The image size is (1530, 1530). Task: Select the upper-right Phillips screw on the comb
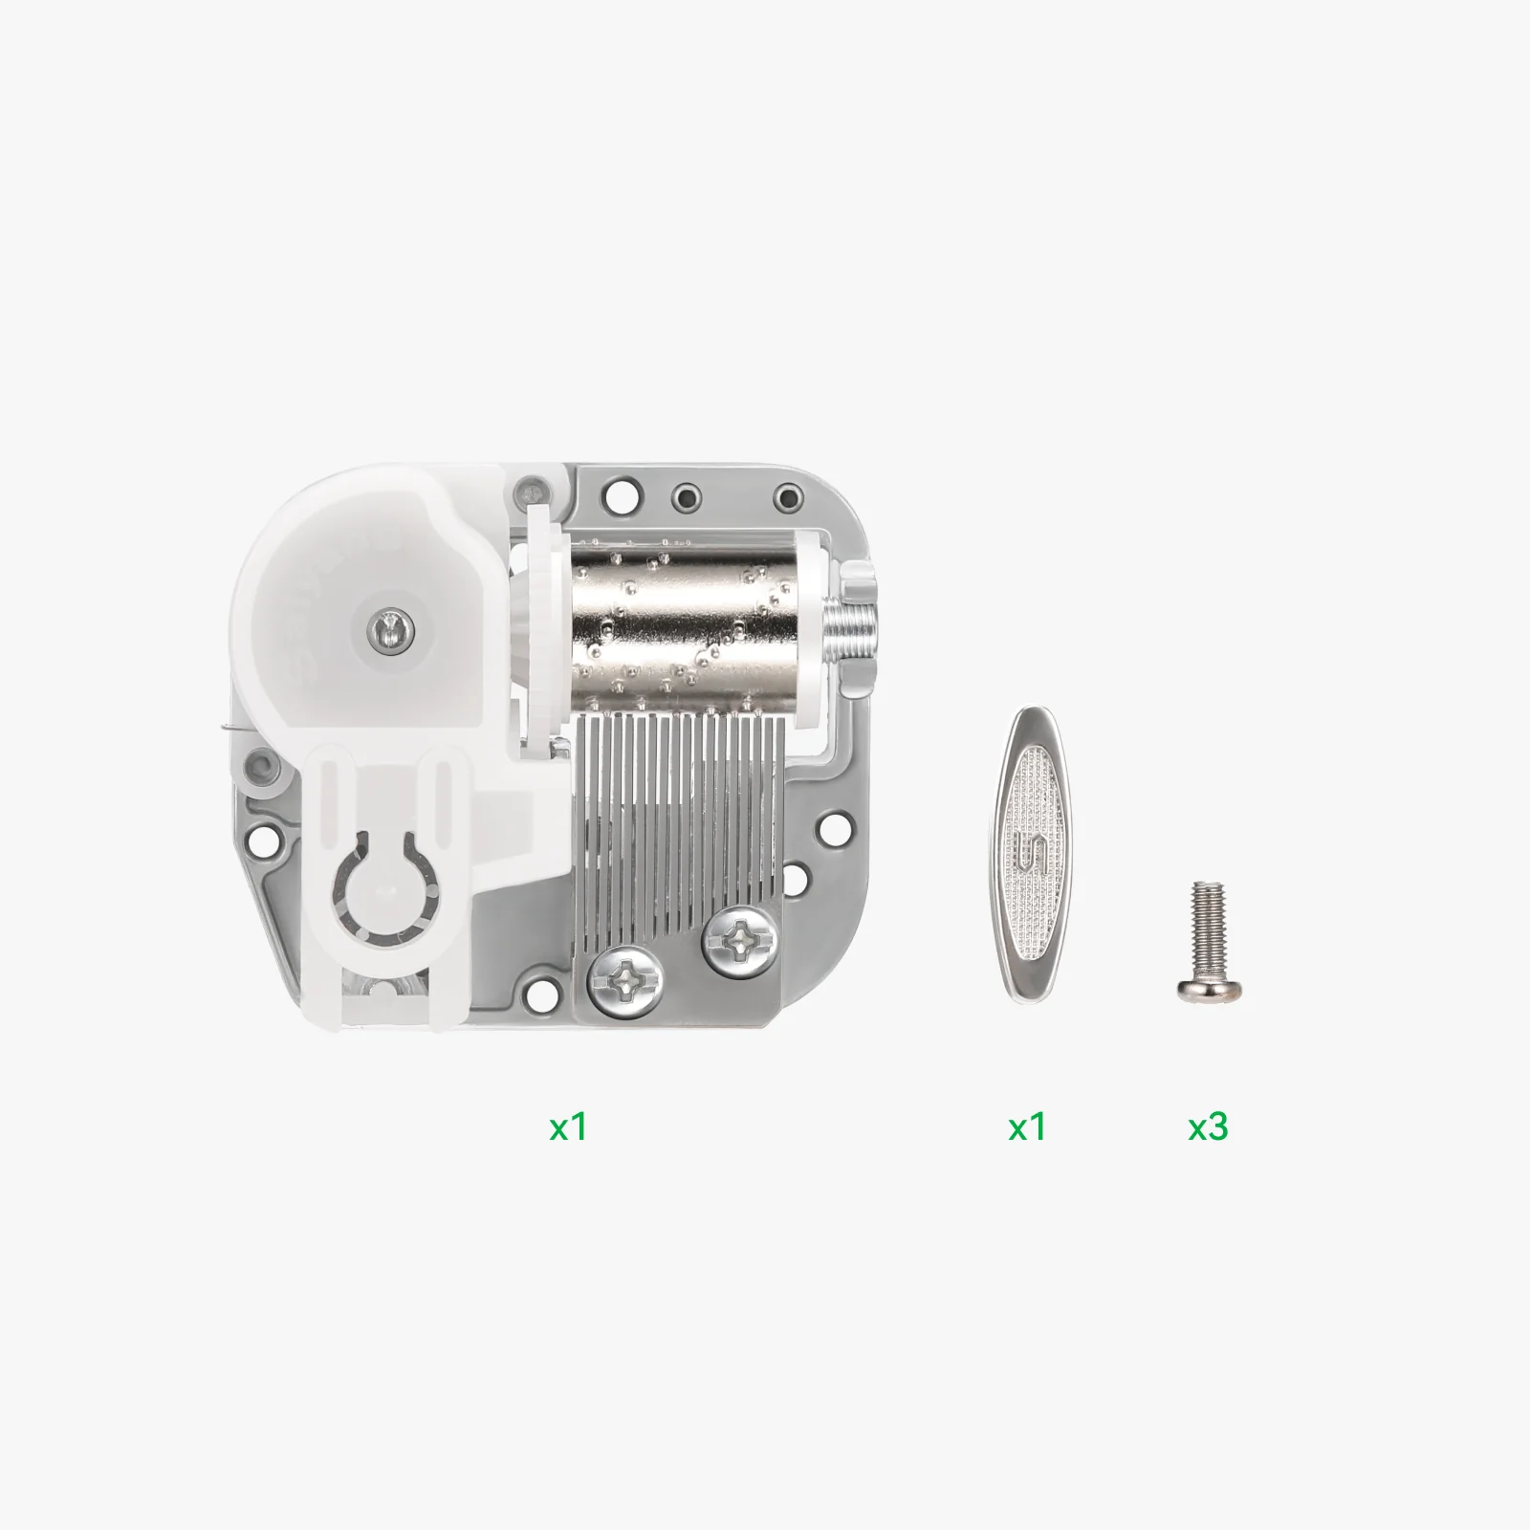click(x=737, y=944)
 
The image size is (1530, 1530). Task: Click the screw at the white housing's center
click(x=390, y=626)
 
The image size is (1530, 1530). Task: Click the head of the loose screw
click(x=1208, y=990)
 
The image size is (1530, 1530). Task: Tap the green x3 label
click(x=1208, y=1127)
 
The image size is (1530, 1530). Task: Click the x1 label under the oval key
click(x=1027, y=1127)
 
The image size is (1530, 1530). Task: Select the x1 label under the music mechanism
click(x=568, y=1127)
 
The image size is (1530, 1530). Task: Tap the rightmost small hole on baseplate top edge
click(x=787, y=497)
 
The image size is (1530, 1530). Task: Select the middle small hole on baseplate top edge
click(x=686, y=497)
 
